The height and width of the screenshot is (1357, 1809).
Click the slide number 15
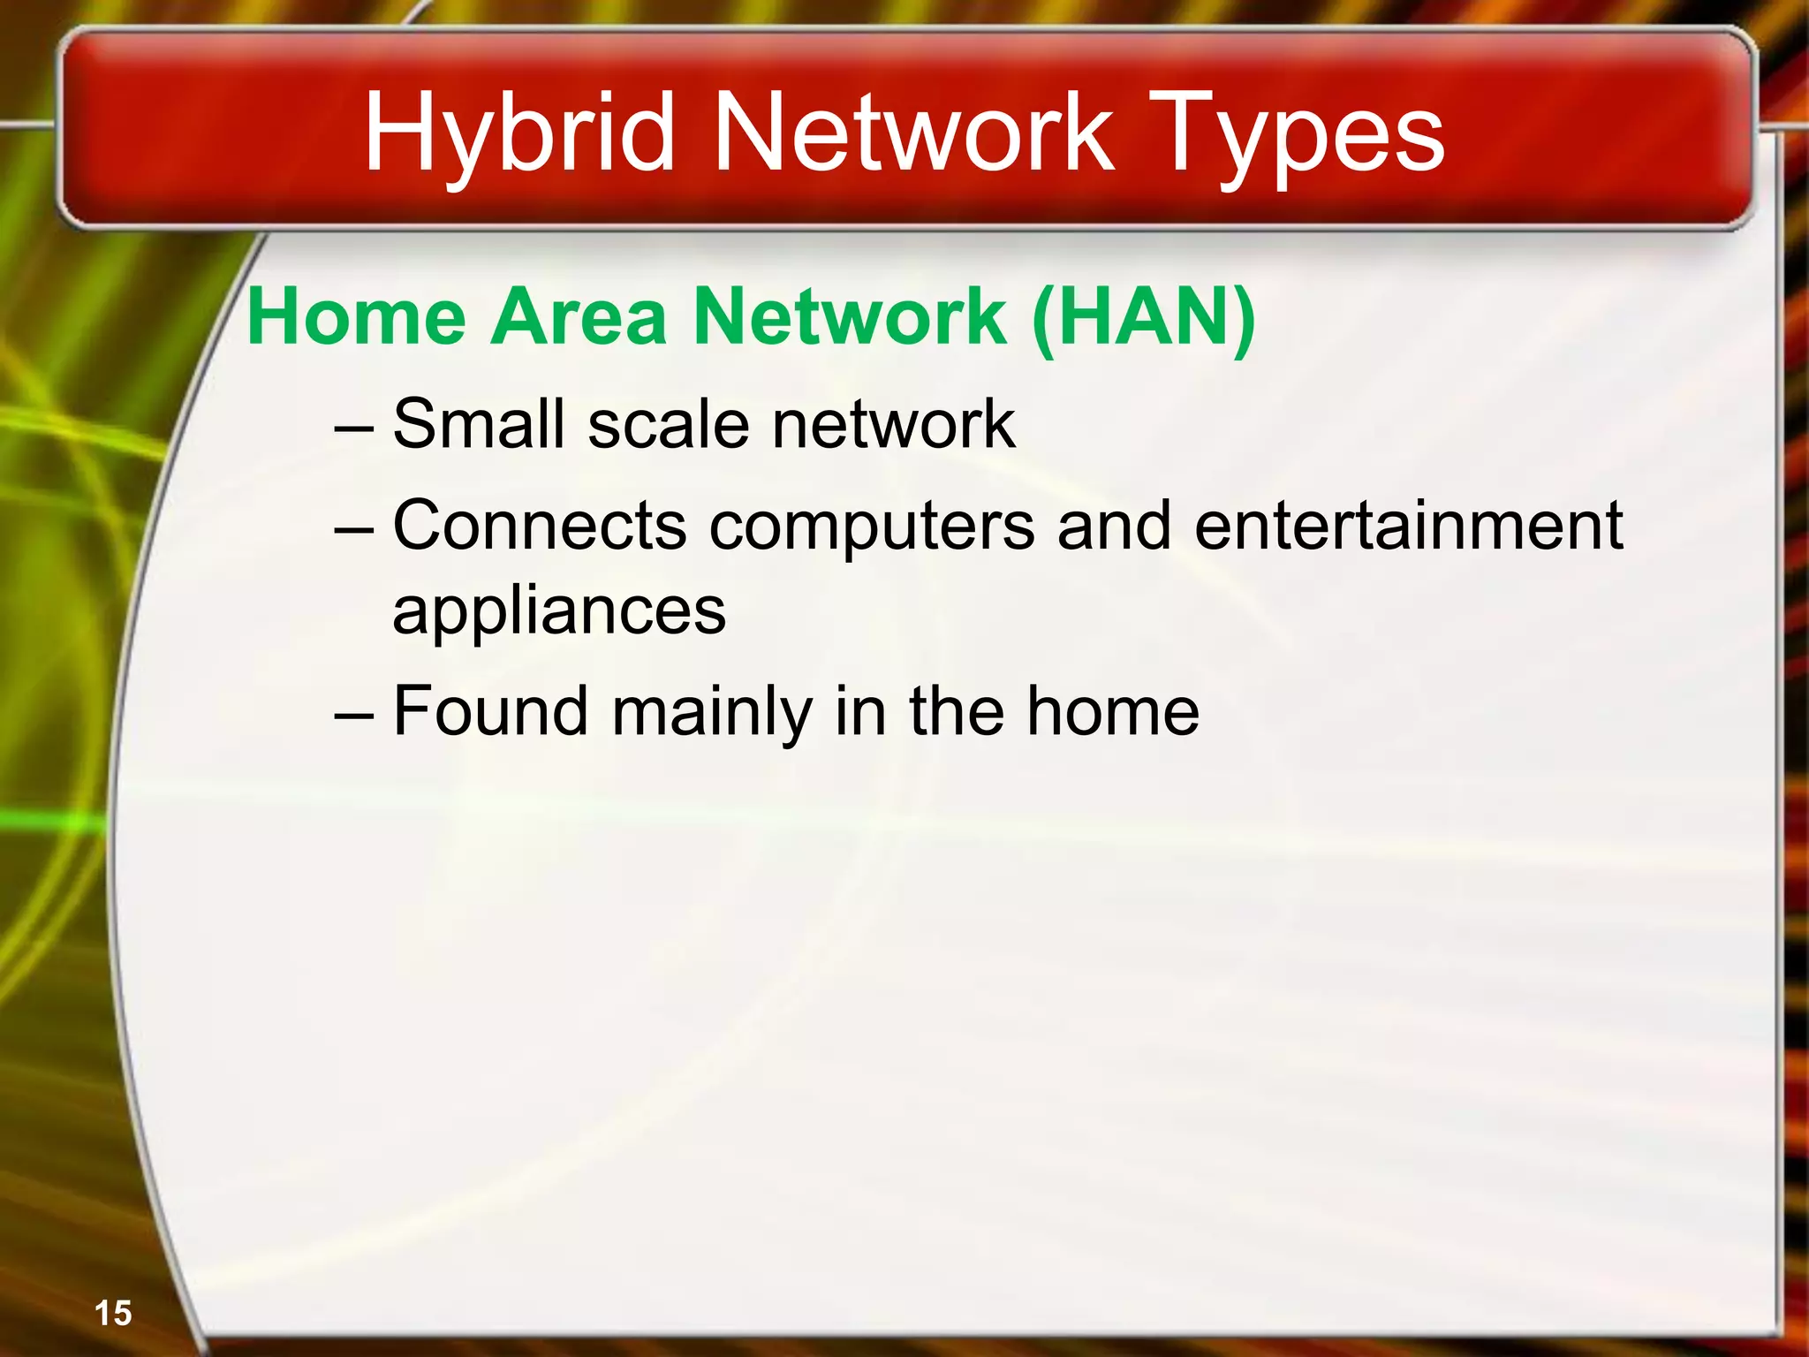pyautogui.click(x=113, y=1313)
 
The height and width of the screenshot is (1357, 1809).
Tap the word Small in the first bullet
pyautogui.click(x=478, y=423)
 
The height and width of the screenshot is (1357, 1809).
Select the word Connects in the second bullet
pyautogui.click(x=539, y=525)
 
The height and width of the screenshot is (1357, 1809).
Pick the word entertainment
pyautogui.click(x=1408, y=525)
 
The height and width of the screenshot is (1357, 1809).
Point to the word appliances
pyautogui.click(x=559, y=611)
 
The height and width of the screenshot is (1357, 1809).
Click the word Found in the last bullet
pyautogui.click(x=490, y=710)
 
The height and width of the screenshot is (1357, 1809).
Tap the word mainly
pyautogui.click(x=712, y=712)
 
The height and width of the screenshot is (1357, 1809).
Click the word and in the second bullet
pyautogui.click(x=1115, y=525)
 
